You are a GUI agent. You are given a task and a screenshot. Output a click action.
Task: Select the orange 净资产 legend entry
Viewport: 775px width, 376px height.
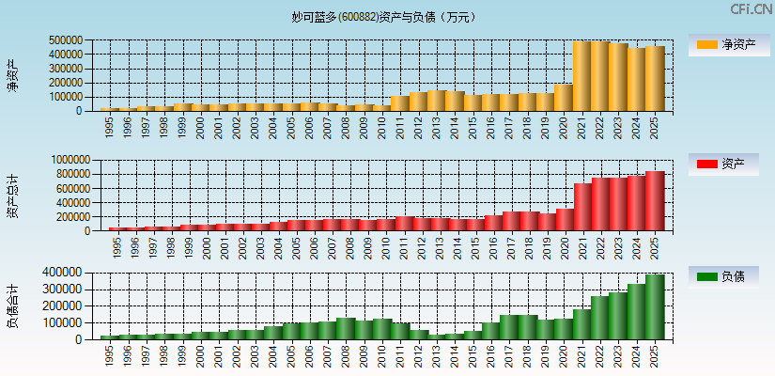[x=729, y=45]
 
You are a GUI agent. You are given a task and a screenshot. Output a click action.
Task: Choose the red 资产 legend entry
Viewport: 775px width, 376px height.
[x=729, y=164]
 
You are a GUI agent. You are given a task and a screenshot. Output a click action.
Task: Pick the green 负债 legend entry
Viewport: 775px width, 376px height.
[x=729, y=276]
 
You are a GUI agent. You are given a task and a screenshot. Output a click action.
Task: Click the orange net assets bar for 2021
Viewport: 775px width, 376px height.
[x=581, y=76]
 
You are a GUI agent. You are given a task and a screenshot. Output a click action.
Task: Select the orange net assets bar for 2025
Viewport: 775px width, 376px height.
[x=654, y=79]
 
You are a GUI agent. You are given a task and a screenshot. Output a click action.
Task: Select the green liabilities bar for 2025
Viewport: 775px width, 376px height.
[x=654, y=306]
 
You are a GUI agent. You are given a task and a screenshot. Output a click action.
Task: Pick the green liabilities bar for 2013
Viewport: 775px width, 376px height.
[x=436, y=336]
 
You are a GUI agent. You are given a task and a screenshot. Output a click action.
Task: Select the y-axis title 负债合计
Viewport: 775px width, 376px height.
[x=12, y=305]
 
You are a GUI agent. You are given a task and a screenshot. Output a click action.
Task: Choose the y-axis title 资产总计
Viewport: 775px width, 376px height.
[x=12, y=196]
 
